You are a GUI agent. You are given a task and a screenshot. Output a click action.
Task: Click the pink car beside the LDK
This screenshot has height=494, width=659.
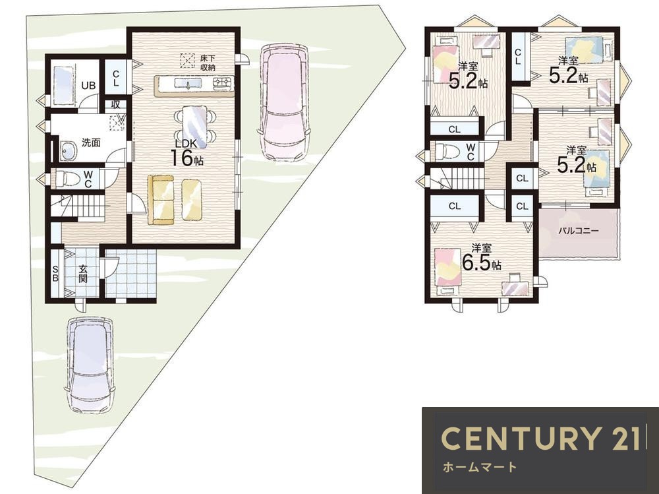[x=286, y=102]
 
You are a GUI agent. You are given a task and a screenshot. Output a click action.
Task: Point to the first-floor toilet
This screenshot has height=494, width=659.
[x=67, y=178]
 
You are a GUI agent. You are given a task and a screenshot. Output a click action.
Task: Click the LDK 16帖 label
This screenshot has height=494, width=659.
[x=186, y=152]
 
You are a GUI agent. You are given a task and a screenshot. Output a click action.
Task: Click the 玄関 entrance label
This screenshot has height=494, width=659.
[x=83, y=273]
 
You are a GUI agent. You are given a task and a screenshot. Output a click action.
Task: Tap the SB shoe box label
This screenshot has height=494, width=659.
[x=55, y=274]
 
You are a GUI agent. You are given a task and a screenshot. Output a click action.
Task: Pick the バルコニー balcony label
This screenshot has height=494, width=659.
[x=579, y=231]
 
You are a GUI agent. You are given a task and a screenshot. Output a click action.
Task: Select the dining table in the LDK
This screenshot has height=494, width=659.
[x=194, y=127]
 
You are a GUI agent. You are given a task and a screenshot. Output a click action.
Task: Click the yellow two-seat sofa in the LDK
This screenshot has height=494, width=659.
[x=161, y=201]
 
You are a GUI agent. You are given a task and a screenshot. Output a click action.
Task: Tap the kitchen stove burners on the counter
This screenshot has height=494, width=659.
[x=222, y=83]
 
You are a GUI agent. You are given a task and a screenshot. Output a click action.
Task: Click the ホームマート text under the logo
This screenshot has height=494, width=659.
[x=480, y=467]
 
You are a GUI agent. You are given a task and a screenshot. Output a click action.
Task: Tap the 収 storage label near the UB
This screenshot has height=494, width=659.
[x=116, y=104]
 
